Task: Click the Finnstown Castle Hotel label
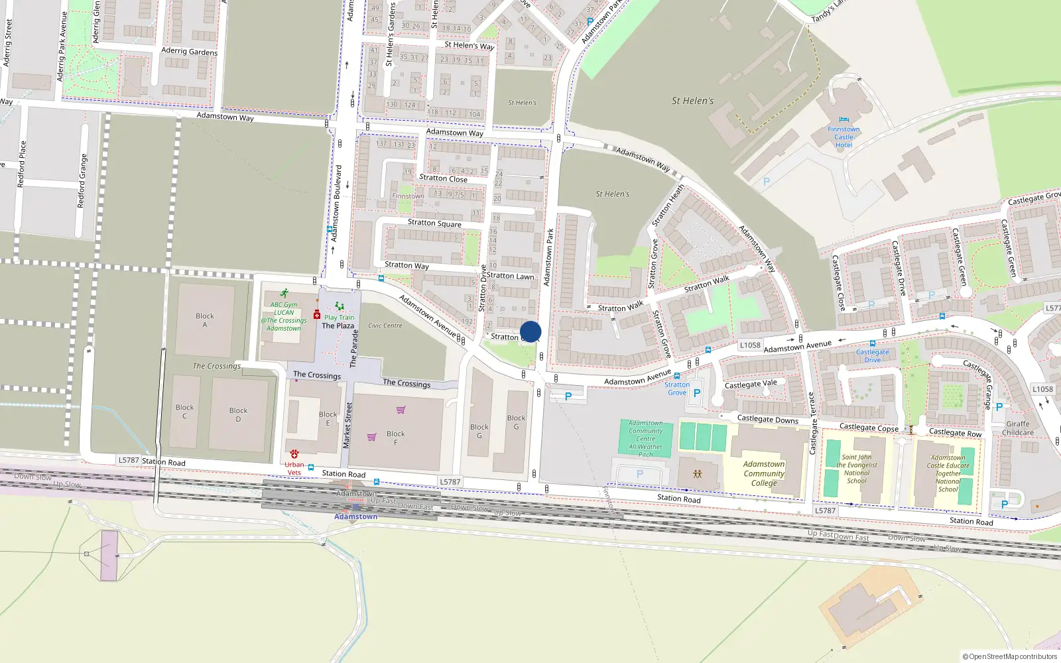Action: (x=843, y=137)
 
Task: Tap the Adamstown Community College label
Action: (x=764, y=473)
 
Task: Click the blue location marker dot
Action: (x=530, y=331)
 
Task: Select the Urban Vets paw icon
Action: (x=294, y=454)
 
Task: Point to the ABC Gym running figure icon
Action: (x=284, y=293)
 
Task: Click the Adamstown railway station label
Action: (x=355, y=516)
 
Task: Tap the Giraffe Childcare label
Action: (x=1018, y=428)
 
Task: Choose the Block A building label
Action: (x=205, y=320)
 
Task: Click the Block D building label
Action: (x=238, y=414)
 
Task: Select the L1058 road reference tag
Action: (x=750, y=345)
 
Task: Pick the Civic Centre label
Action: (x=385, y=326)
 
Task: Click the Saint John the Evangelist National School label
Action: (x=857, y=469)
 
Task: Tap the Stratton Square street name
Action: (x=434, y=223)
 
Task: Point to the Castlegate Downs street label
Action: (x=768, y=419)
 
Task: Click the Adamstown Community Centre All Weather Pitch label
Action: (x=646, y=439)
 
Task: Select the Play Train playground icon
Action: (x=340, y=306)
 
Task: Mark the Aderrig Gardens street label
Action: (x=189, y=51)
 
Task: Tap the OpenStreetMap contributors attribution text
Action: (x=1010, y=657)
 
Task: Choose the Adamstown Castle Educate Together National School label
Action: (x=948, y=473)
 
